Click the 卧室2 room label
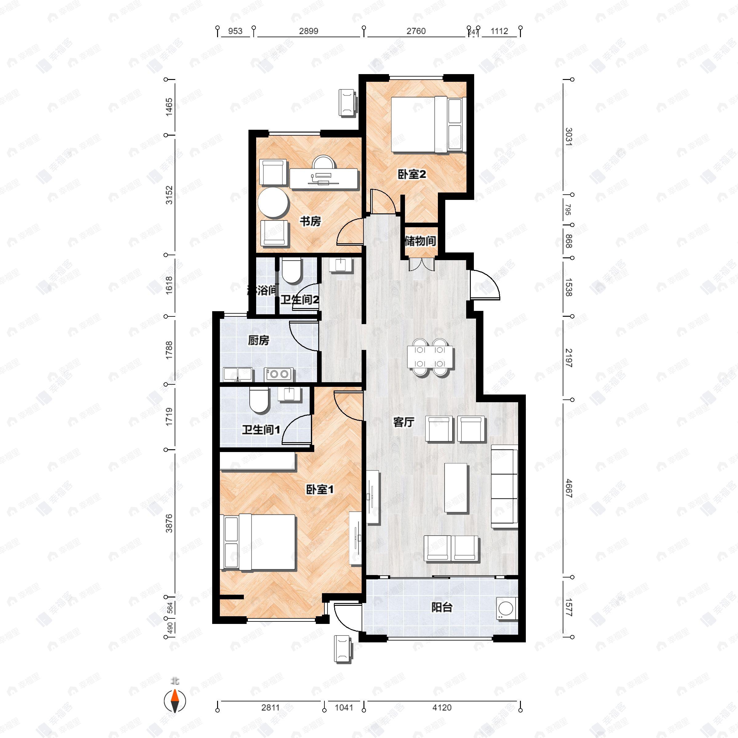[x=411, y=175]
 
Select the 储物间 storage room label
[x=420, y=241]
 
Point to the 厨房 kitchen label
[x=259, y=340]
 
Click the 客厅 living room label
[x=404, y=422]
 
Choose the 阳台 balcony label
[x=442, y=607]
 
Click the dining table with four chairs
[x=430, y=357]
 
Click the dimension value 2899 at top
[x=308, y=31]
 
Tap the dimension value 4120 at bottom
[x=442, y=708]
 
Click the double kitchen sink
[x=238, y=374]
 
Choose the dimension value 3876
[x=169, y=523]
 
